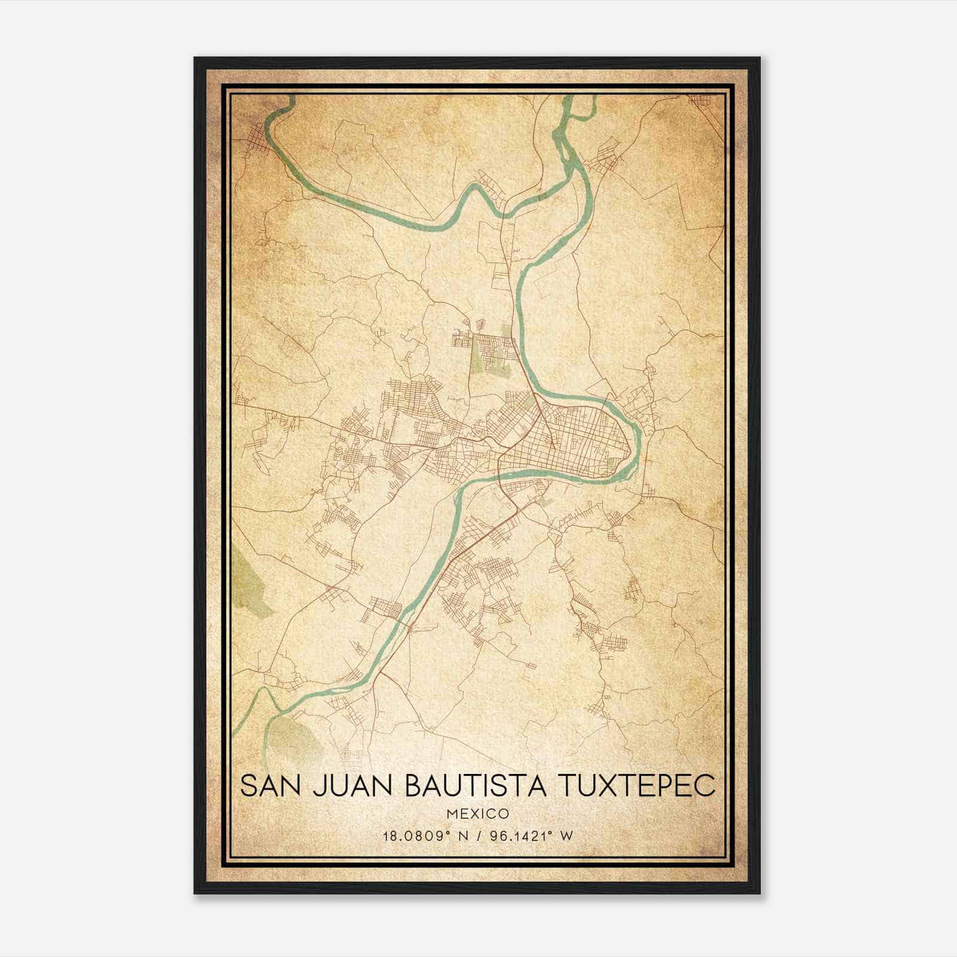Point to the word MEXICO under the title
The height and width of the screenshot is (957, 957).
click(477, 813)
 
